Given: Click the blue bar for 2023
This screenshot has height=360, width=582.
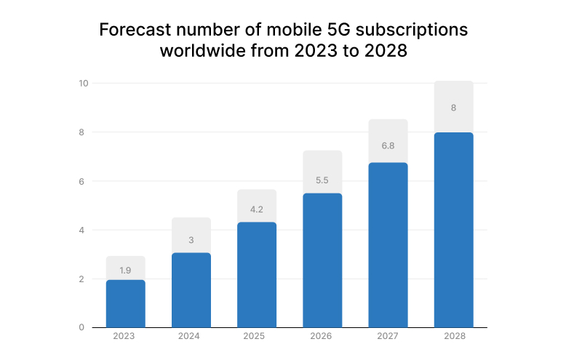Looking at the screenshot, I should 125,304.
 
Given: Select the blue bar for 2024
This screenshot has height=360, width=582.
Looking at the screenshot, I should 191,290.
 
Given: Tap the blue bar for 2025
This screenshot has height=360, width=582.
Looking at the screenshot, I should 257,275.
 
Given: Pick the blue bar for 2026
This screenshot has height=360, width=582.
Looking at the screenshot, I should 322,260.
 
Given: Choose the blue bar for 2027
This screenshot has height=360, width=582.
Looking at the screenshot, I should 388,245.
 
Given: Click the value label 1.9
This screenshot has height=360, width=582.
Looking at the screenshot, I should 125,270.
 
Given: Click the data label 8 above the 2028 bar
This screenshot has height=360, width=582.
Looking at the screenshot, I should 453,108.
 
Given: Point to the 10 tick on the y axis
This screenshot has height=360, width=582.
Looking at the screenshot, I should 84,83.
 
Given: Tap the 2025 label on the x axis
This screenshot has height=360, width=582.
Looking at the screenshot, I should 257,337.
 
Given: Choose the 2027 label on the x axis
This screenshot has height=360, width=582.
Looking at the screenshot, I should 388,337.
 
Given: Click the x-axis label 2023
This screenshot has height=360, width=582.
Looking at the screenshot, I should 125,337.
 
